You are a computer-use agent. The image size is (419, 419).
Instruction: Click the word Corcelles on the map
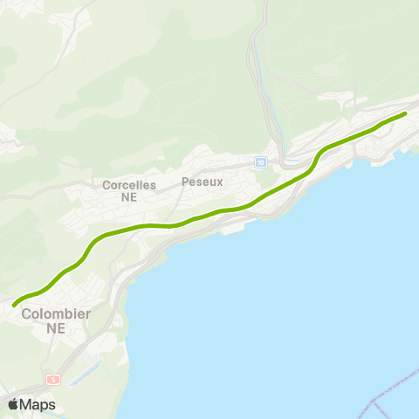(x=129, y=185)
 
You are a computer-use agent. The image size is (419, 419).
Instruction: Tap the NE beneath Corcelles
(x=129, y=197)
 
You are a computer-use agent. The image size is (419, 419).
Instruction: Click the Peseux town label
(x=203, y=182)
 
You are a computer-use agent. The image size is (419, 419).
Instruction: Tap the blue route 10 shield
(x=261, y=161)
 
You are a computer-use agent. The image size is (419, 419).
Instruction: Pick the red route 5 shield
(x=53, y=380)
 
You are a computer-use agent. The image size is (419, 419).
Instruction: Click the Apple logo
(x=13, y=404)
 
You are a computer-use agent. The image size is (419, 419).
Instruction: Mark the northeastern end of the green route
(x=406, y=113)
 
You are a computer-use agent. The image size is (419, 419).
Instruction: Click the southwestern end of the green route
(x=14, y=304)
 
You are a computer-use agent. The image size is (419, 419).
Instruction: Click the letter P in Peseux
(x=185, y=182)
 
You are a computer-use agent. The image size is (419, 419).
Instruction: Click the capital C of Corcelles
(x=106, y=185)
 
